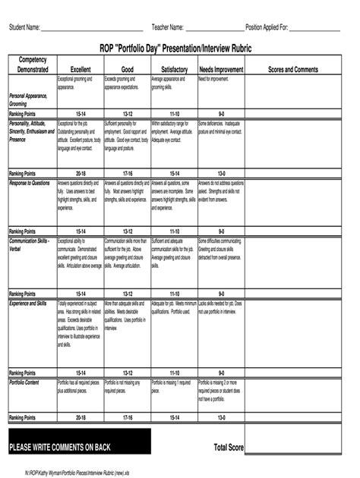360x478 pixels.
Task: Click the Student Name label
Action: [24, 27]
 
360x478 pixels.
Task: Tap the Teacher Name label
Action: [168, 27]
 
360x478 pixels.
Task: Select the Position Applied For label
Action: [267, 27]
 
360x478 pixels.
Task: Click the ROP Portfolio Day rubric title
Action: [181, 48]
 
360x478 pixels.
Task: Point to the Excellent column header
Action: [81, 70]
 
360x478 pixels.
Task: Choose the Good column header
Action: [127, 70]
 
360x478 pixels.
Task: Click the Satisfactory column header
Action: [174, 70]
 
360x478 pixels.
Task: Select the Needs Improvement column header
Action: [221, 70]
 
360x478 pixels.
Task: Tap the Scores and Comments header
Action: [293, 70]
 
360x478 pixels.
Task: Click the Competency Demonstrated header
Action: [33, 64]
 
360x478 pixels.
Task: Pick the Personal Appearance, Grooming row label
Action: [28, 100]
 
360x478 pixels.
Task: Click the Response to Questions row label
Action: [30, 183]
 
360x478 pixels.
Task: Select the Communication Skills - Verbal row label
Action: [29, 244]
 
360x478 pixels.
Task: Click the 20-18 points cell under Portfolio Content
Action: [81, 417]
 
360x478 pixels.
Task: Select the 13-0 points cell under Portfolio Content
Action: [221, 417]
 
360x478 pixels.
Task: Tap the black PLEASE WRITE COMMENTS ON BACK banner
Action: [79, 447]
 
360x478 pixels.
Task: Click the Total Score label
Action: [229, 448]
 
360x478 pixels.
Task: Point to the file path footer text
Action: [72, 471]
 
